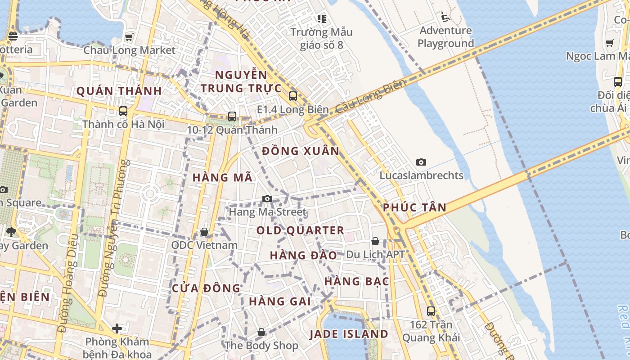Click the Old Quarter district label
(x=300, y=230)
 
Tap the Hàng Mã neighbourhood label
(x=222, y=178)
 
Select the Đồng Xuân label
(x=301, y=151)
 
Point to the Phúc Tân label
(x=414, y=207)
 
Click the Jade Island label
(x=349, y=334)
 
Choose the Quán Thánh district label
(x=119, y=91)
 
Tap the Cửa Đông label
(x=206, y=288)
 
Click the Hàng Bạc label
(x=357, y=282)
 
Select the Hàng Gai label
(x=280, y=301)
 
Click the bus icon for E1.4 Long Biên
(x=293, y=96)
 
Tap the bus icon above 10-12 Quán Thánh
(x=232, y=117)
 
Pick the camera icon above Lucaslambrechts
(x=421, y=162)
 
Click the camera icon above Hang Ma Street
(x=267, y=198)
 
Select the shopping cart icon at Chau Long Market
(x=129, y=37)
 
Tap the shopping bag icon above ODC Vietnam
(x=204, y=232)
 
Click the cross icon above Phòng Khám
(x=117, y=328)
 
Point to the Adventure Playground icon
(x=445, y=18)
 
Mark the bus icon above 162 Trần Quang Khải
(x=431, y=311)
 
